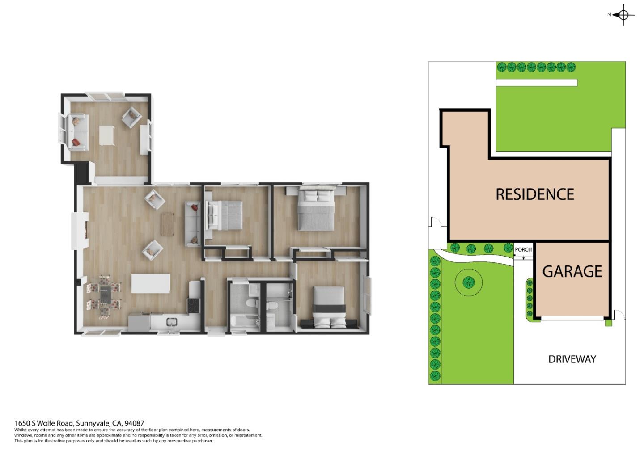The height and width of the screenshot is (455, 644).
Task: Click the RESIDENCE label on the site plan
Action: pyautogui.click(x=534, y=194)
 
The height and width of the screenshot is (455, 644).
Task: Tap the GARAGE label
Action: pyautogui.click(x=572, y=271)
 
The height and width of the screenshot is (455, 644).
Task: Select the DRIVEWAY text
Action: pyautogui.click(x=572, y=359)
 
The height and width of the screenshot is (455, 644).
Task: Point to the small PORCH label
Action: pyautogui.click(x=523, y=249)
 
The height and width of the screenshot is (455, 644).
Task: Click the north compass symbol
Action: pyautogui.click(x=623, y=15)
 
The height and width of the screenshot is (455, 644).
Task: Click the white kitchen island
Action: pyautogui.click(x=151, y=283)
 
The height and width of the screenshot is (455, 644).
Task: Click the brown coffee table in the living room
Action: pyautogui.click(x=167, y=224)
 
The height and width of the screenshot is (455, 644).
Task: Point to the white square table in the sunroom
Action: pyautogui.click(x=106, y=135)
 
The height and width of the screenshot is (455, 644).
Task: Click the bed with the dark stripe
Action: pyautogui.click(x=329, y=306)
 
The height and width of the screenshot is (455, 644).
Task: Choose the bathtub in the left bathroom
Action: pyautogui.click(x=244, y=321)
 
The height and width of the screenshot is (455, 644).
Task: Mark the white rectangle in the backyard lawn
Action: pyautogui.click(x=536, y=83)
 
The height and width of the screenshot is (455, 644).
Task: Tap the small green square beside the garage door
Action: pyautogui.click(x=608, y=323)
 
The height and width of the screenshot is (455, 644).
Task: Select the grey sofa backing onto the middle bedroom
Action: pyautogui.click(x=193, y=223)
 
